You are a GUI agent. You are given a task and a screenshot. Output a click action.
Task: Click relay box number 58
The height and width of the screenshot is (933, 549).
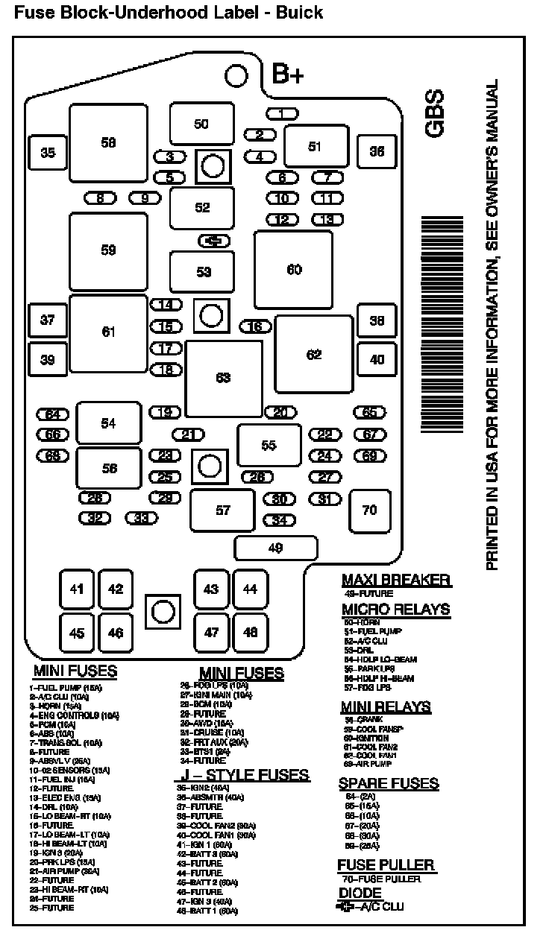108,142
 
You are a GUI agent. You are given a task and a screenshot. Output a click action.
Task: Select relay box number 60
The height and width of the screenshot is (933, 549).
293,269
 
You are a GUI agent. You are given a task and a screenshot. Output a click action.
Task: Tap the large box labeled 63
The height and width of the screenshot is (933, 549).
224,378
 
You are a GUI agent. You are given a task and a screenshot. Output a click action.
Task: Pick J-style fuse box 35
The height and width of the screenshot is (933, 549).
47,153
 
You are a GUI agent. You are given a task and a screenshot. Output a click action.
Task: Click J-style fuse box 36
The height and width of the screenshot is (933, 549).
377,151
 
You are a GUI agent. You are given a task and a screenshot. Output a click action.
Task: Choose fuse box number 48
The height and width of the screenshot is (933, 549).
250,632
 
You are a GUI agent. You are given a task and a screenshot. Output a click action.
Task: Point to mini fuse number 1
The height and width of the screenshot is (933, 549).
282,113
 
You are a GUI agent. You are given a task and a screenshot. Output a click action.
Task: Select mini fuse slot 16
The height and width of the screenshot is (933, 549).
255,326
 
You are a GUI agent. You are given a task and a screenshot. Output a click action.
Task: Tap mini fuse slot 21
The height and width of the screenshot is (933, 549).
188,434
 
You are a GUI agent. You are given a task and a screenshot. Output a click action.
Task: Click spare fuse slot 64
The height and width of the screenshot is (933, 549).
52,414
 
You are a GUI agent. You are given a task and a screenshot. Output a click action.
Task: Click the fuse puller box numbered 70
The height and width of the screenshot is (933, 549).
369,510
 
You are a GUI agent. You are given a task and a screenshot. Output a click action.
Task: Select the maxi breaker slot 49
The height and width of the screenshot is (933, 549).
275,548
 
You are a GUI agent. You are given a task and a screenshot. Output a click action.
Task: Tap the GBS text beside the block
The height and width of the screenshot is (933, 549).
434,113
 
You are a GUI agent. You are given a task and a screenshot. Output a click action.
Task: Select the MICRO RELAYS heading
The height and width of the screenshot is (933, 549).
396,609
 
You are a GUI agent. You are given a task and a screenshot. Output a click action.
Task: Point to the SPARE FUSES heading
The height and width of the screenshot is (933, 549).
389,783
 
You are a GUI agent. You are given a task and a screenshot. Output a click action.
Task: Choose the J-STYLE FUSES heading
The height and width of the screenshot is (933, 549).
241,774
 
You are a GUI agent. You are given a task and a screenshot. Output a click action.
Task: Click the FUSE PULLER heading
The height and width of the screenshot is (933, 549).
386,865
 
